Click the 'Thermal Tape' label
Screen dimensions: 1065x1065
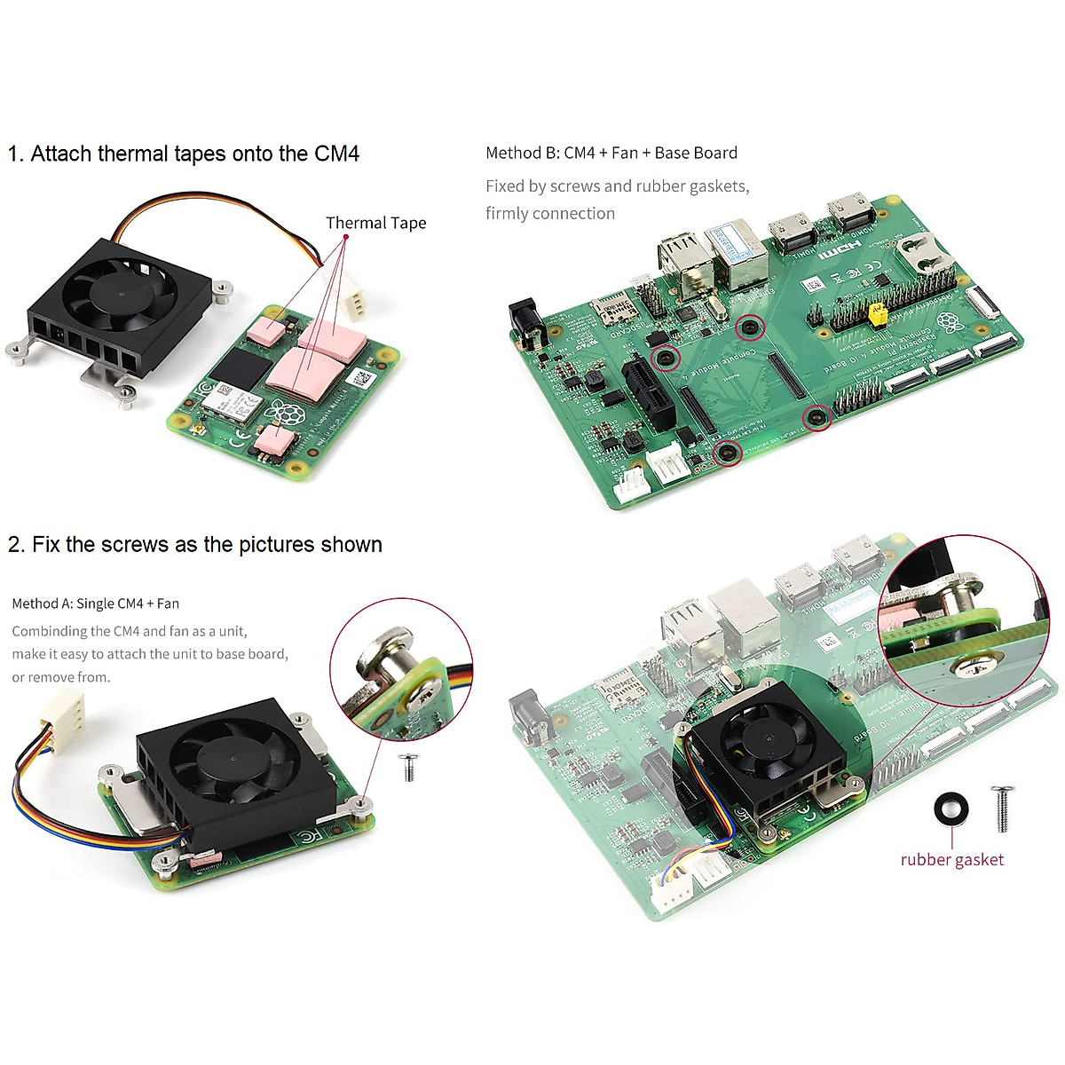tap(375, 223)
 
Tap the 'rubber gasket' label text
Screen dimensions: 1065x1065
tap(951, 859)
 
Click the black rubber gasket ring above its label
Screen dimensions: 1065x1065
tap(951, 809)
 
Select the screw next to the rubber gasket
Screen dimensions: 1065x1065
tap(1002, 808)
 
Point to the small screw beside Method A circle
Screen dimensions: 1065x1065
tap(409, 766)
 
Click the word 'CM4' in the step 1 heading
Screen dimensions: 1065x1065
tap(336, 154)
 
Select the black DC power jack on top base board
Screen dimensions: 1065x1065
tap(525, 324)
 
